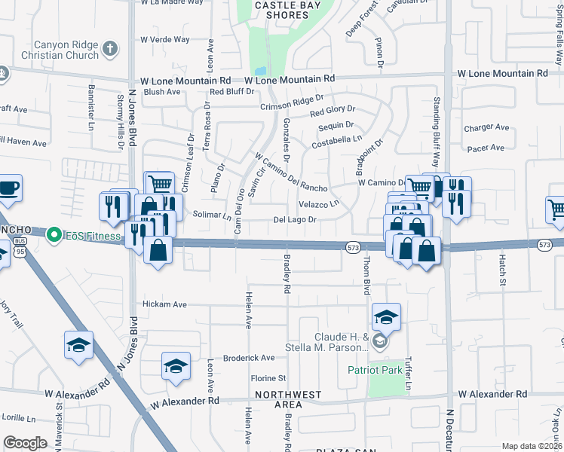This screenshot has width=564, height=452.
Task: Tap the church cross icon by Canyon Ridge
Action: pos(110,49)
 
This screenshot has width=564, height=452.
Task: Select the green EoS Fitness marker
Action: pos(54,236)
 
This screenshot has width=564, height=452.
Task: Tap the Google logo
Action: pos(25,443)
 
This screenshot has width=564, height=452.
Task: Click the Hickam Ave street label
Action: pos(164,304)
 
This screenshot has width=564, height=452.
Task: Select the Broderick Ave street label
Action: pos(250,358)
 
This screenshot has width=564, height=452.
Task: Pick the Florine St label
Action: pos(270,377)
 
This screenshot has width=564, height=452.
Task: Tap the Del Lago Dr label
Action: pos(293,220)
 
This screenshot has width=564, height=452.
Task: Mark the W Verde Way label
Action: pos(164,39)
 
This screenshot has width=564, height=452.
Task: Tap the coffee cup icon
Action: pos(8,188)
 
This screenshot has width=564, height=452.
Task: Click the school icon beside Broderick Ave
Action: pos(176,366)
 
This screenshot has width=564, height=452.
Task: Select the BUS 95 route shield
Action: pos(20,246)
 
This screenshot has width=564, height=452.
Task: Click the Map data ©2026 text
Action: pos(532,446)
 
